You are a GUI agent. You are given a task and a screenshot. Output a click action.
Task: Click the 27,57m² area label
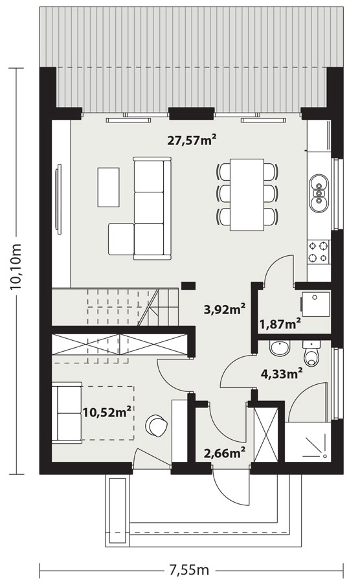pyautogui.click(x=192, y=140)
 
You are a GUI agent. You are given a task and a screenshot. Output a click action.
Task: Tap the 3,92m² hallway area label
pyautogui.click(x=225, y=308)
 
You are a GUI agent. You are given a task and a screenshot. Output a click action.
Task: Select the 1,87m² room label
pyautogui.click(x=280, y=324)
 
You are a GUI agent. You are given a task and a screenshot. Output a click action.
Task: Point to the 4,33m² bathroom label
pyautogui.click(x=281, y=373)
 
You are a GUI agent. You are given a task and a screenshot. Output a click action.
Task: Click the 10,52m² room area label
pyautogui.click(x=107, y=411)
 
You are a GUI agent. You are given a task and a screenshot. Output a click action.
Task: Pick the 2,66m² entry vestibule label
pyautogui.click(x=225, y=453)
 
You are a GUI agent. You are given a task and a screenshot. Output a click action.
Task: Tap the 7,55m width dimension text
pyautogui.click(x=190, y=569)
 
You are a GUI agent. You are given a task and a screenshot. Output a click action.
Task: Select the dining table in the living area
pyautogui.click(x=247, y=195)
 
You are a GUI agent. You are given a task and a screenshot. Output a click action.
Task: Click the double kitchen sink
pyautogui.click(x=319, y=193)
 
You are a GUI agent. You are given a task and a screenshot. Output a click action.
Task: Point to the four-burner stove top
pyautogui.click(x=319, y=251)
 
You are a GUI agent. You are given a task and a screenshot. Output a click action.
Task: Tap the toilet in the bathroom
pyautogui.click(x=311, y=353)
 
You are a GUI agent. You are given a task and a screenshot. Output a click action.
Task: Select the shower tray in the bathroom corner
pyautogui.click(x=308, y=442)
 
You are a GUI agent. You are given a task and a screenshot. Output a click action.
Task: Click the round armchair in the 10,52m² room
pyautogui.click(x=157, y=425)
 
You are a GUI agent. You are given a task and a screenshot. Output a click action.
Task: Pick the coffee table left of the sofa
pyautogui.click(x=109, y=187)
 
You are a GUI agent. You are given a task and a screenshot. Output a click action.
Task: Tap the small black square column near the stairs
pyautogui.click(x=188, y=286)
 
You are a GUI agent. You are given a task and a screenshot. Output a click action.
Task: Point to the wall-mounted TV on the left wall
pyautogui.click(x=58, y=199)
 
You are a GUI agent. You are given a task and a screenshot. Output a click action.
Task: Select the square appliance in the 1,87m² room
pyautogui.click(x=315, y=303)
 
